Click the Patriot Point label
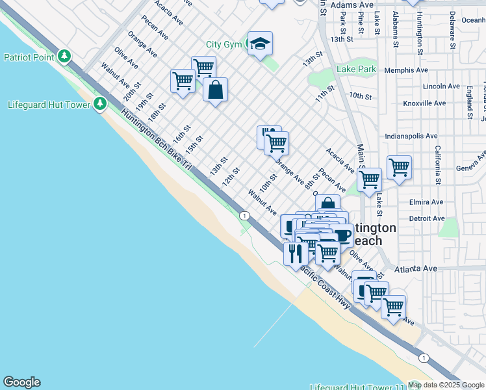[29, 57]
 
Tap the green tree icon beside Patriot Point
[64, 57]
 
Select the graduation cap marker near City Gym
[260, 44]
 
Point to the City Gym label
[224, 44]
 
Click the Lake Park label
[357, 69]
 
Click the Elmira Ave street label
[426, 202]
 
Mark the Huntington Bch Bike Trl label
[156, 139]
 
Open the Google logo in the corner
[21, 382]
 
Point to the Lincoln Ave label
[441, 86]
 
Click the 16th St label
[180, 135]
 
